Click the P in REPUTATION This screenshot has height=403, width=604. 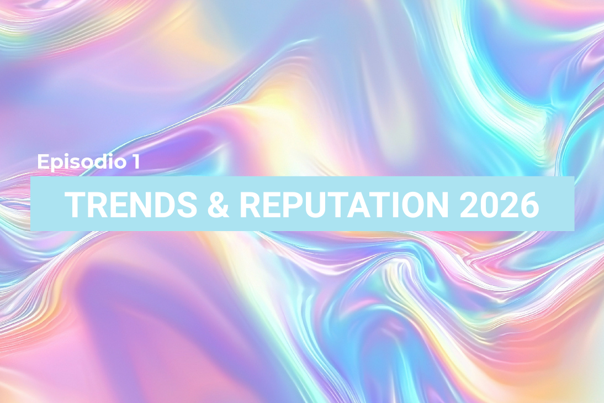(292, 204)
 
